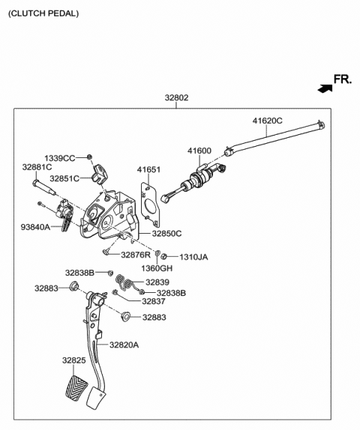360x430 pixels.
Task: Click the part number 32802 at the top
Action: tap(177, 97)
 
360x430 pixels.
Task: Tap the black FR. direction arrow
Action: tap(323, 88)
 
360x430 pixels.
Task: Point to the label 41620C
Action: tap(267, 121)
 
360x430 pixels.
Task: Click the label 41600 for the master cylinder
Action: tap(199, 151)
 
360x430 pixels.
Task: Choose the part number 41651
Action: tap(148, 170)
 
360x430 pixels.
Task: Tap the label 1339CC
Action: tap(59, 158)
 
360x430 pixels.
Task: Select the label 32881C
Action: tap(37, 167)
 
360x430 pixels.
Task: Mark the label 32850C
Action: tap(166, 234)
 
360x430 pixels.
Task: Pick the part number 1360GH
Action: tap(157, 268)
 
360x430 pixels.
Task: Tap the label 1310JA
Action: tap(193, 257)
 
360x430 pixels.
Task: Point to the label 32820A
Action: tap(124, 345)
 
